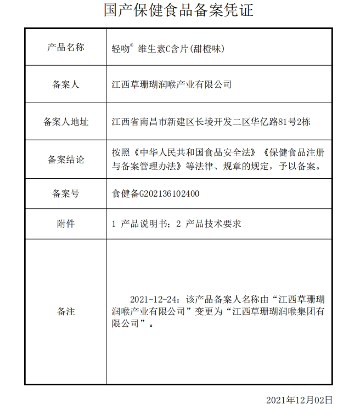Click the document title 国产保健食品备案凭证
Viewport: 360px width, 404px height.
(179, 10)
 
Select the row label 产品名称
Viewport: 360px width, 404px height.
(66, 47)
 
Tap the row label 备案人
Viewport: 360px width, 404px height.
(66, 84)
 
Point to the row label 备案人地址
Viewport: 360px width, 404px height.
(66, 122)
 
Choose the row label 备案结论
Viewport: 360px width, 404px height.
(66, 160)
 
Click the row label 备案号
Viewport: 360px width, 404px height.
(66, 194)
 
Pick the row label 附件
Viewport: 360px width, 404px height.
(66, 224)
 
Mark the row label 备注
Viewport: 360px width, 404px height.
(66, 311)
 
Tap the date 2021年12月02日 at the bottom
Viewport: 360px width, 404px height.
(299, 400)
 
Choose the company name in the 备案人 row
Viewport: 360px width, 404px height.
(171, 84)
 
